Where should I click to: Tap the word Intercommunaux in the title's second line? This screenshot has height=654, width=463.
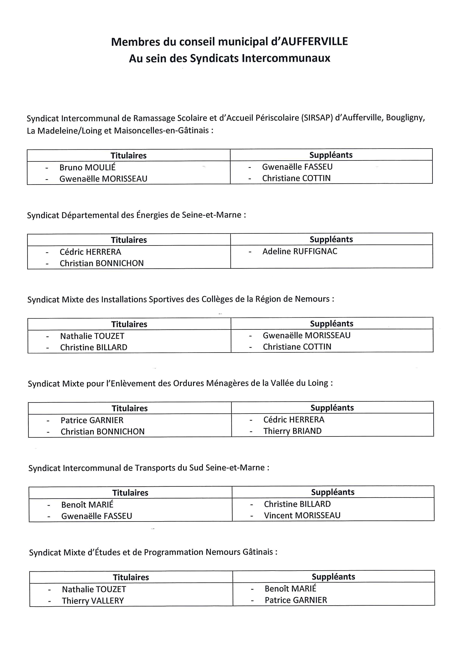[x=286, y=58]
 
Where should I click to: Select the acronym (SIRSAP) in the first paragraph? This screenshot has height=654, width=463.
[x=317, y=118]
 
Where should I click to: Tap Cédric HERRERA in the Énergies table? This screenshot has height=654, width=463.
[x=90, y=252]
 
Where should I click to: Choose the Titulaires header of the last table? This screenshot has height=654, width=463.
[x=131, y=577]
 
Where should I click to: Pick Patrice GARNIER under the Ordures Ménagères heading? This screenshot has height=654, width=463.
[x=92, y=420]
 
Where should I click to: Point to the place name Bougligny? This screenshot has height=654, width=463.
[x=405, y=118]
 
